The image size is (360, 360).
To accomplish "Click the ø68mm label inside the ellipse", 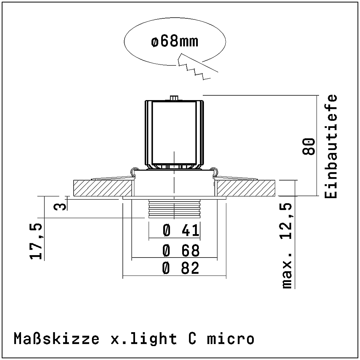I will coord(174,42).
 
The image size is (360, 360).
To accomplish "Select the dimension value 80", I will coord(308,146).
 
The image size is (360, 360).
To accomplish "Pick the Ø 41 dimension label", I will coord(181,231).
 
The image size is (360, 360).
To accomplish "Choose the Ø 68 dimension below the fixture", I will coord(181,251).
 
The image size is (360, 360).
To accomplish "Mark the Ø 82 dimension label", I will coord(181,269).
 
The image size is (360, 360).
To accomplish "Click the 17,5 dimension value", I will coord(37,241).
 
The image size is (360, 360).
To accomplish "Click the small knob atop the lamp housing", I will coord(174,98).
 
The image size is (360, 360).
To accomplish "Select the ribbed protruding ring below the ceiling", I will coord(174,208).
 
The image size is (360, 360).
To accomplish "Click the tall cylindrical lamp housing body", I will coord(174,132).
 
